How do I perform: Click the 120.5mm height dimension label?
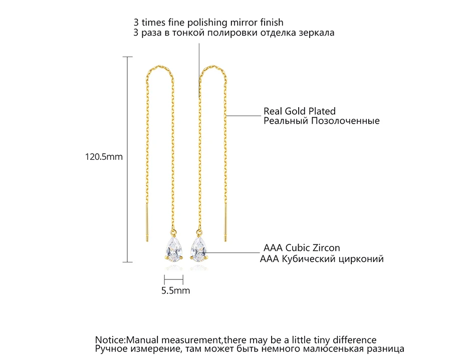(103, 157)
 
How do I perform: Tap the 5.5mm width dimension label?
(175, 290)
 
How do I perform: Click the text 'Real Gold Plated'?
(300, 111)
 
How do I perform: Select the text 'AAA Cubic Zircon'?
(302, 248)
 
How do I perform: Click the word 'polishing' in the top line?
(206, 23)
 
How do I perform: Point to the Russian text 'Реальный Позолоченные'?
(322, 121)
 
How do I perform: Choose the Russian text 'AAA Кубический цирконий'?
(322, 259)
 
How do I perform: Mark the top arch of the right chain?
(213, 66)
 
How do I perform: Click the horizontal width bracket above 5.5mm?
(173, 280)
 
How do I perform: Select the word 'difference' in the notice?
(352, 340)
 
